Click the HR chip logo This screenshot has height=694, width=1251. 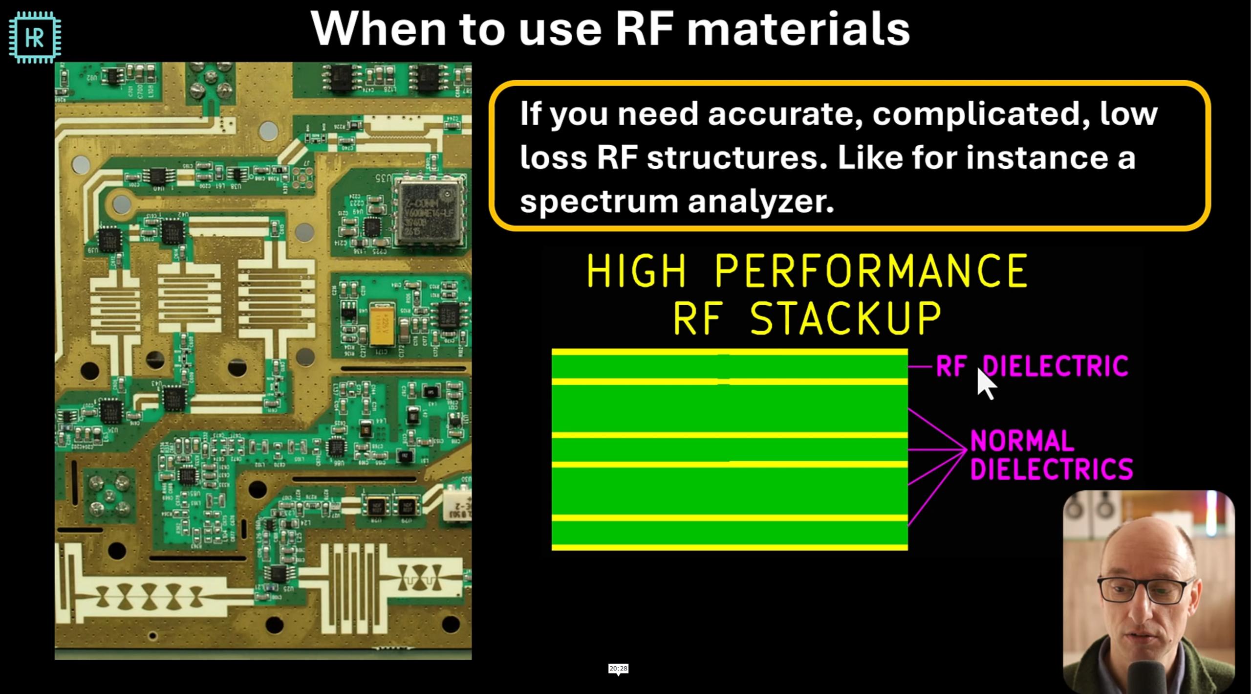[35, 38]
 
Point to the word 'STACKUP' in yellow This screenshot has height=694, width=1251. [845, 318]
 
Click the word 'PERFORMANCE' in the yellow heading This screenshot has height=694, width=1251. [871, 271]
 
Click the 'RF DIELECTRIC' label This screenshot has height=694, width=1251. [1031, 366]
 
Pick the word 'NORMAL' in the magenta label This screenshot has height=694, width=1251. [1022, 441]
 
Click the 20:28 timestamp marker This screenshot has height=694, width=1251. [618, 669]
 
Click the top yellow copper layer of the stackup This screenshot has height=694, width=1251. [729, 352]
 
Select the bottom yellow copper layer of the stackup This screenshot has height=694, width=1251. [729, 547]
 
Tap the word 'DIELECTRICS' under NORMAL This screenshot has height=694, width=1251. [1051, 470]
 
